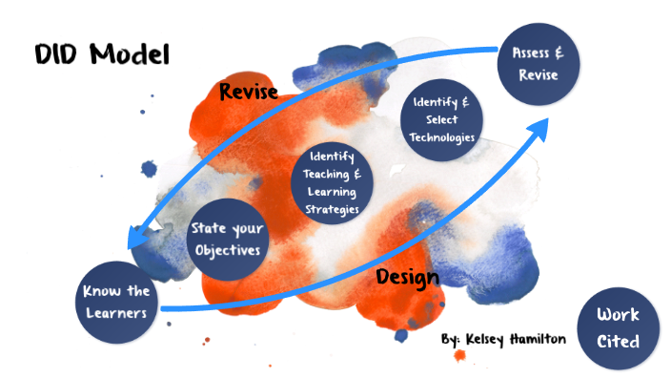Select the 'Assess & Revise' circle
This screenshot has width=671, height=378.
[x=538, y=63]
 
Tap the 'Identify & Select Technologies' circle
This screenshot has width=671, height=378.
[x=441, y=118]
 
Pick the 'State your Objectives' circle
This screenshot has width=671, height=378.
[x=227, y=240]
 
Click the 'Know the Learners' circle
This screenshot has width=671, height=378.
[x=115, y=301]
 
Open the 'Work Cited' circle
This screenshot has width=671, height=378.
[x=619, y=326]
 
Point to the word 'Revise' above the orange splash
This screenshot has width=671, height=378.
[x=249, y=92]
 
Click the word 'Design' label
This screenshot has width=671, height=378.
[x=407, y=277]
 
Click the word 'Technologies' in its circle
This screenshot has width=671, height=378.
[x=441, y=136]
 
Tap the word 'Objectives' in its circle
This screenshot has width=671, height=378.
[x=227, y=250]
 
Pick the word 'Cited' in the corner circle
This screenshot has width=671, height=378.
[x=619, y=340]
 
